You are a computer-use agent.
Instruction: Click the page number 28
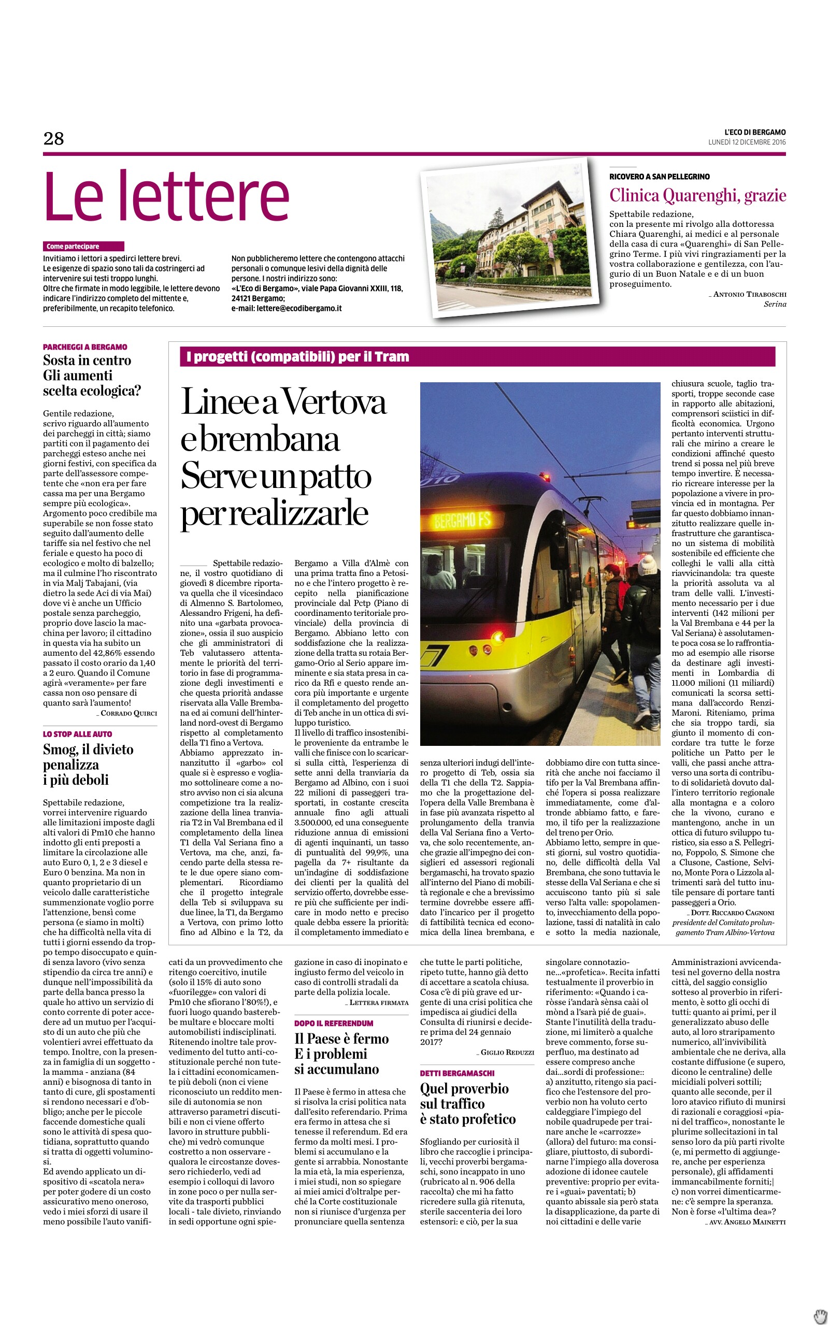54,139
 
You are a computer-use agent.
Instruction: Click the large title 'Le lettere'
166,197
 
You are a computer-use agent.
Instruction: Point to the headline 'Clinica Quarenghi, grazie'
697,196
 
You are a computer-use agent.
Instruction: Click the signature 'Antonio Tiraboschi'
749,295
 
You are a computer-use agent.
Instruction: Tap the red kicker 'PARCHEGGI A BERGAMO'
85,347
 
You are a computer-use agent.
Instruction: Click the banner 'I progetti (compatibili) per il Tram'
298,357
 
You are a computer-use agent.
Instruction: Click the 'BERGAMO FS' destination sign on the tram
462,520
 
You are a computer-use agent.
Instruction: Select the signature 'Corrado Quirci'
128,713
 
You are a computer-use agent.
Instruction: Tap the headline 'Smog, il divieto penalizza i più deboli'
88,765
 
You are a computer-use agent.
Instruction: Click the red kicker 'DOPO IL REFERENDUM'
333,1023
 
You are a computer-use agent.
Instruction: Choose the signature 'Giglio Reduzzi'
507,1052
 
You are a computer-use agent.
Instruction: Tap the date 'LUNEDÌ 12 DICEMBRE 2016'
747,142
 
